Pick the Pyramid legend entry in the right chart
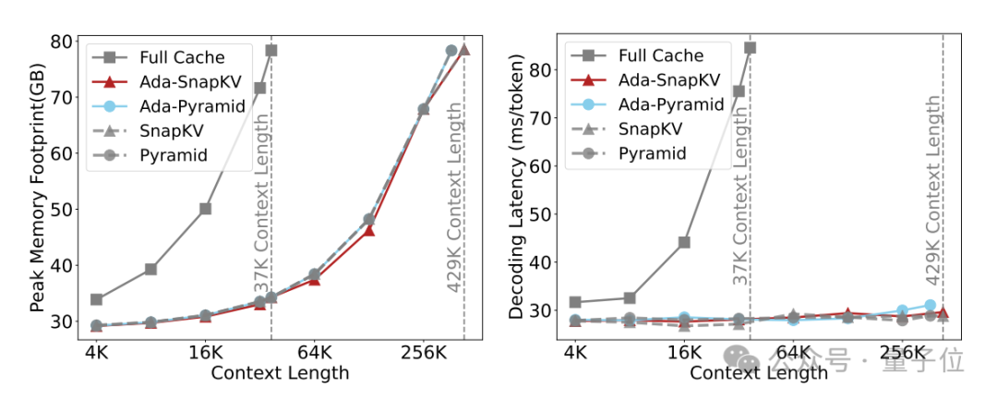pyautogui.click(x=653, y=152)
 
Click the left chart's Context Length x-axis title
pyautogui.click(x=280, y=373)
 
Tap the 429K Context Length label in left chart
pyautogui.click(x=455, y=198)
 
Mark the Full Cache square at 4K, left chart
pyautogui.click(x=96, y=299)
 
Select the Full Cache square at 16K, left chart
pyautogui.click(x=205, y=209)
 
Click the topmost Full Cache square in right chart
pyautogui.click(x=750, y=47)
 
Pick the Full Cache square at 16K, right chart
pyautogui.click(x=684, y=242)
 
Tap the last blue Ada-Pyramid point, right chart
pyautogui.click(x=930, y=305)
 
